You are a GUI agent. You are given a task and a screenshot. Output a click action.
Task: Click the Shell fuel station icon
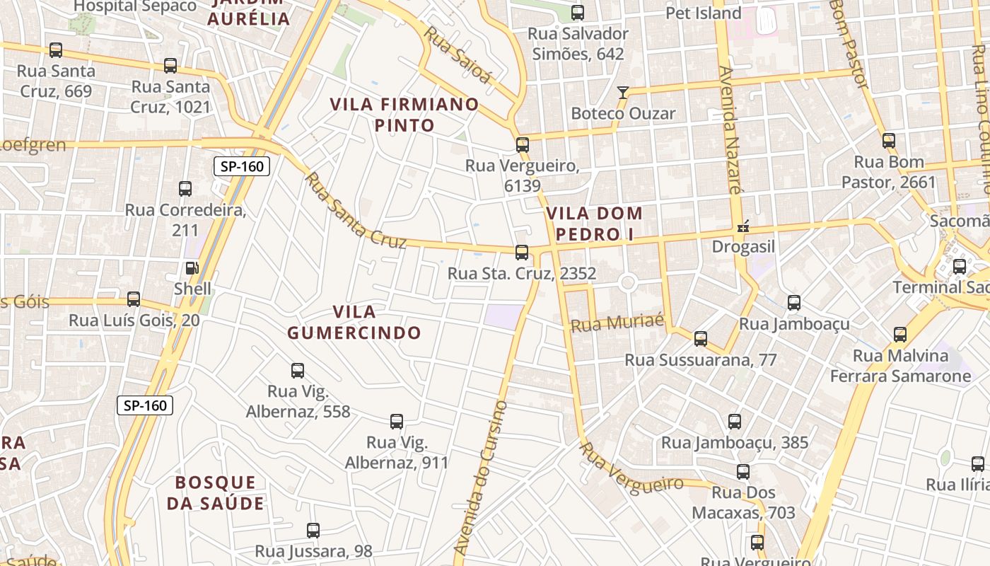192,268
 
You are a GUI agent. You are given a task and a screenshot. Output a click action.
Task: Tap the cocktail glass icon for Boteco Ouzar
622,92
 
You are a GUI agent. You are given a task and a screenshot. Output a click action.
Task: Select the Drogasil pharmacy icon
743,227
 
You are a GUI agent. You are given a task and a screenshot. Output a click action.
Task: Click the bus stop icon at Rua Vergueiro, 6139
523,145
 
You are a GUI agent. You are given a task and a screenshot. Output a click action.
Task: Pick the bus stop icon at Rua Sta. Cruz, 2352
522,253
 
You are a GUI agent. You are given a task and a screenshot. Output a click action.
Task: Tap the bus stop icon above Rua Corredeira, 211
185,189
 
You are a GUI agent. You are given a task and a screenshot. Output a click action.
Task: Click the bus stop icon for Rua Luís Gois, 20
134,299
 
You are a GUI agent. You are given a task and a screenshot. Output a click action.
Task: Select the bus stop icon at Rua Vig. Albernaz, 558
298,370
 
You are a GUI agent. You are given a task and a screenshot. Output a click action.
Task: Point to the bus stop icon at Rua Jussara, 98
313,530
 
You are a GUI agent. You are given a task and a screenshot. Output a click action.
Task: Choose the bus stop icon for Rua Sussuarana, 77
701,339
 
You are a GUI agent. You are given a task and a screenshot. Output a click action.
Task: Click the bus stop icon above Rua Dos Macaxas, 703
743,472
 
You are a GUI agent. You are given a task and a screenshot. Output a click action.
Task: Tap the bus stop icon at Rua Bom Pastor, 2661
889,141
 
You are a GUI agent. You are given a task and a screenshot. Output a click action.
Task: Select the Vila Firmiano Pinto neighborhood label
404,115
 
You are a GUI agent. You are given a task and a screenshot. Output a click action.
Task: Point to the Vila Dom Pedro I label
594,223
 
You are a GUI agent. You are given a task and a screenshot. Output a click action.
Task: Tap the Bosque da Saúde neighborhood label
219,492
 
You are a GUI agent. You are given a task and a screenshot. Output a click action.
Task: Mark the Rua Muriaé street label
617,323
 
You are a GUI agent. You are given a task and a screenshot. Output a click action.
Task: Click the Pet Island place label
703,13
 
